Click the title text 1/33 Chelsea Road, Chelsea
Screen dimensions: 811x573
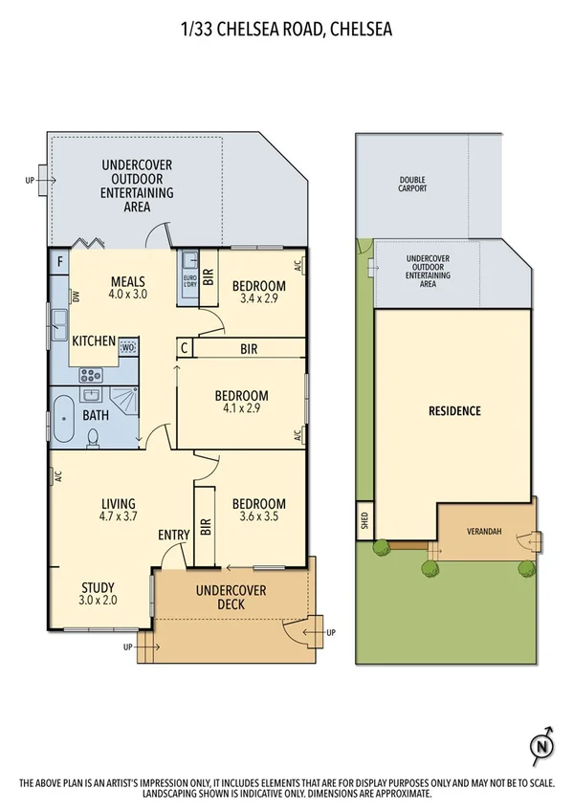(x=286, y=30)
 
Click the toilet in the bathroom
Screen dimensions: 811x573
(x=93, y=436)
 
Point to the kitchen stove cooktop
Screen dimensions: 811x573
(x=90, y=375)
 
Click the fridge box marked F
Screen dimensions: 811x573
(x=60, y=260)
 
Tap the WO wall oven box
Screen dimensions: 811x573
(x=127, y=348)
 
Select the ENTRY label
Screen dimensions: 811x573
(x=174, y=535)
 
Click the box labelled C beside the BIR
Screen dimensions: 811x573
(x=185, y=348)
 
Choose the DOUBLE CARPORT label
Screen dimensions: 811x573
(x=413, y=185)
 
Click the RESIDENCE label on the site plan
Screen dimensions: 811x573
(x=453, y=411)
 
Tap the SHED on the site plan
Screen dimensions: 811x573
(x=364, y=519)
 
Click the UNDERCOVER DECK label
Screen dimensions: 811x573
(x=231, y=597)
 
